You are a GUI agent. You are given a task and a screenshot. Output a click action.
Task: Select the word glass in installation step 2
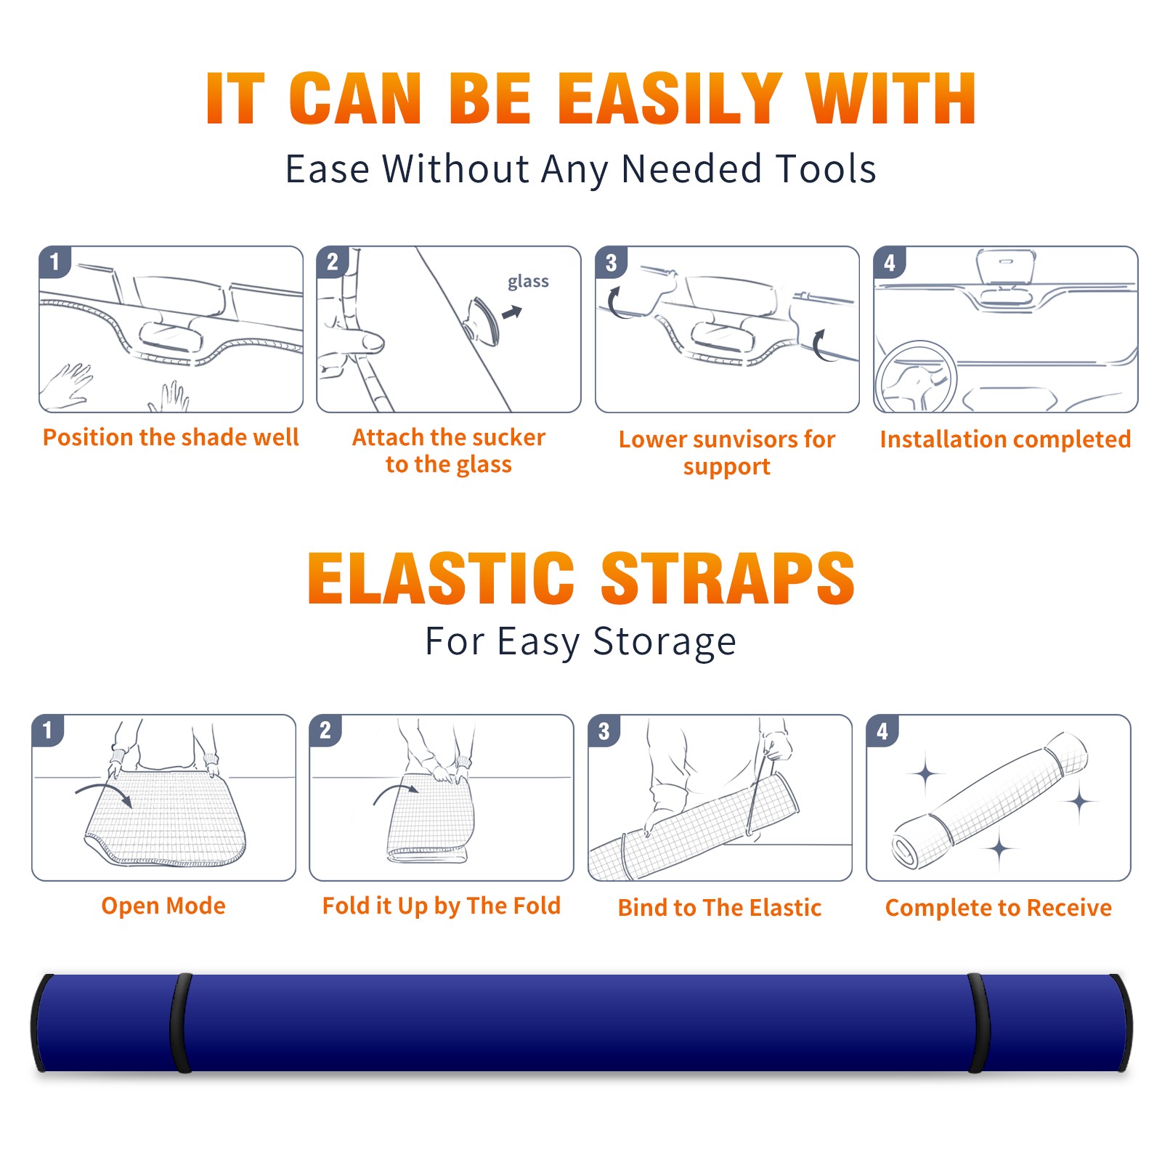pyautogui.click(x=528, y=282)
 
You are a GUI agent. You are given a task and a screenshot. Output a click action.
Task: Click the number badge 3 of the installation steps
pyautogui.click(x=611, y=262)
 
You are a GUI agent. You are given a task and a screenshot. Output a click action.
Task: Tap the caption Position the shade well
pyautogui.click(x=171, y=437)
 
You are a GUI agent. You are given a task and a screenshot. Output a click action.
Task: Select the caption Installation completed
pyautogui.click(x=1005, y=439)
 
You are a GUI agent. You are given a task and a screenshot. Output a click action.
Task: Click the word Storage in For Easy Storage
pyautogui.click(x=665, y=642)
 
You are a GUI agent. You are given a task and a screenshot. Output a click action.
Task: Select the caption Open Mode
pyautogui.click(x=163, y=906)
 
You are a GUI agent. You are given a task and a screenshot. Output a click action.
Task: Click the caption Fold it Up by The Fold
pyautogui.click(x=442, y=906)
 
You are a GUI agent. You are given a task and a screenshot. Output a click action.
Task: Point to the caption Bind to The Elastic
pyautogui.click(x=720, y=908)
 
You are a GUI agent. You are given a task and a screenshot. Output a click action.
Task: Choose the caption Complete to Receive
pyautogui.click(x=999, y=908)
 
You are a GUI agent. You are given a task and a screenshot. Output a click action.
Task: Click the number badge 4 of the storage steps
pyautogui.click(x=882, y=731)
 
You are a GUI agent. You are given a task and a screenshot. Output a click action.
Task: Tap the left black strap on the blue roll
pyautogui.click(x=181, y=1023)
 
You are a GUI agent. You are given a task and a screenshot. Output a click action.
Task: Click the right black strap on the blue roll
pyautogui.click(x=979, y=1023)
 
